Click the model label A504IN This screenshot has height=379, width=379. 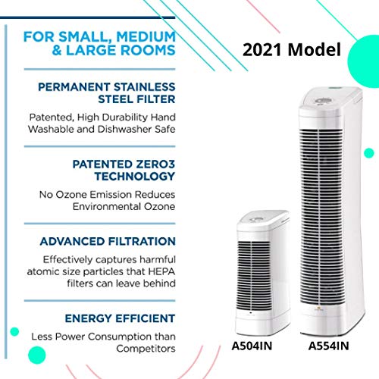(x=252, y=346)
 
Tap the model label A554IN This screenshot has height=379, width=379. (x=329, y=346)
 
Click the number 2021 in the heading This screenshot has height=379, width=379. (x=262, y=49)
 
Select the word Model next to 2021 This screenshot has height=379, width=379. (x=315, y=49)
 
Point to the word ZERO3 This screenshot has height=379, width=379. (x=155, y=164)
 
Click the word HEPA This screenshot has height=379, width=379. (x=161, y=271)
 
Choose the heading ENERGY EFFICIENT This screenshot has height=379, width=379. (x=120, y=318)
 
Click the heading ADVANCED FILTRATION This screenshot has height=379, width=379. (x=108, y=241)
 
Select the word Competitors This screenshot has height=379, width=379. (x=146, y=349)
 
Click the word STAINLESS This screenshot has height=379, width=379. (x=144, y=87)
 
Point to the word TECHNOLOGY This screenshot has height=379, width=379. (x=135, y=176)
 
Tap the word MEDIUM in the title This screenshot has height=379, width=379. (x=146, y=36)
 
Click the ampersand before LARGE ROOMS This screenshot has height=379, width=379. (x=57, y=50)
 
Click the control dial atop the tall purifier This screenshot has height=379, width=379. (x=321, y=101)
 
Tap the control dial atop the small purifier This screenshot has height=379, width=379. (x=255, y=219)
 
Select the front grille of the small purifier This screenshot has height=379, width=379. (x=254, y=275)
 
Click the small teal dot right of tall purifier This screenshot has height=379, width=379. (x=369, y=153)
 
